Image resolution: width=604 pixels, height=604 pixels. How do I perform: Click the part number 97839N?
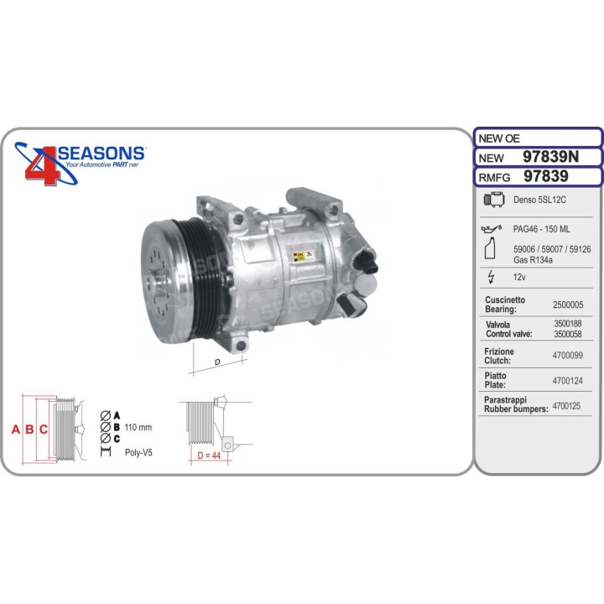point(550,157)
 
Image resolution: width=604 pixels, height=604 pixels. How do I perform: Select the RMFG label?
point(494,178)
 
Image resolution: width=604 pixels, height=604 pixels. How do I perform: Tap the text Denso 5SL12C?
point(539,200)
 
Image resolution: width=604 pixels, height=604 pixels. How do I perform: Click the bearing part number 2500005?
point(568,305)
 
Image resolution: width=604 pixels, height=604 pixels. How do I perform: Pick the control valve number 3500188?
point(568,324)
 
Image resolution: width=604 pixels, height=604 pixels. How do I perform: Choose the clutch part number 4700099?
point(568,355)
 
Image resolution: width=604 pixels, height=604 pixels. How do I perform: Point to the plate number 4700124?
point(568,381)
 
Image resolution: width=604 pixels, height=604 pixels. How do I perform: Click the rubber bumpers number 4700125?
point(566,406)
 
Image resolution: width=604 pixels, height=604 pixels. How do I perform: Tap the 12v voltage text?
point(519,277)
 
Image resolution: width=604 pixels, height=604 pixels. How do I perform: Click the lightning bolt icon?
point(491,277)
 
